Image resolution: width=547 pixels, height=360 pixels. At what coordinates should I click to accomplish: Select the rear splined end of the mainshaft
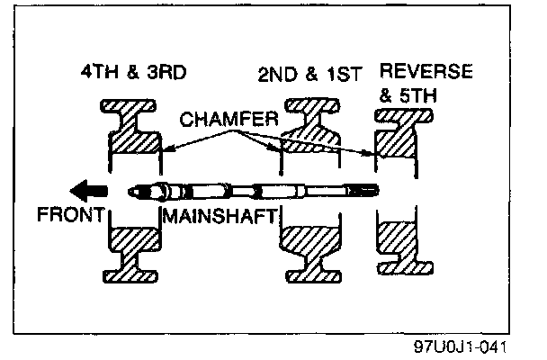367,191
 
